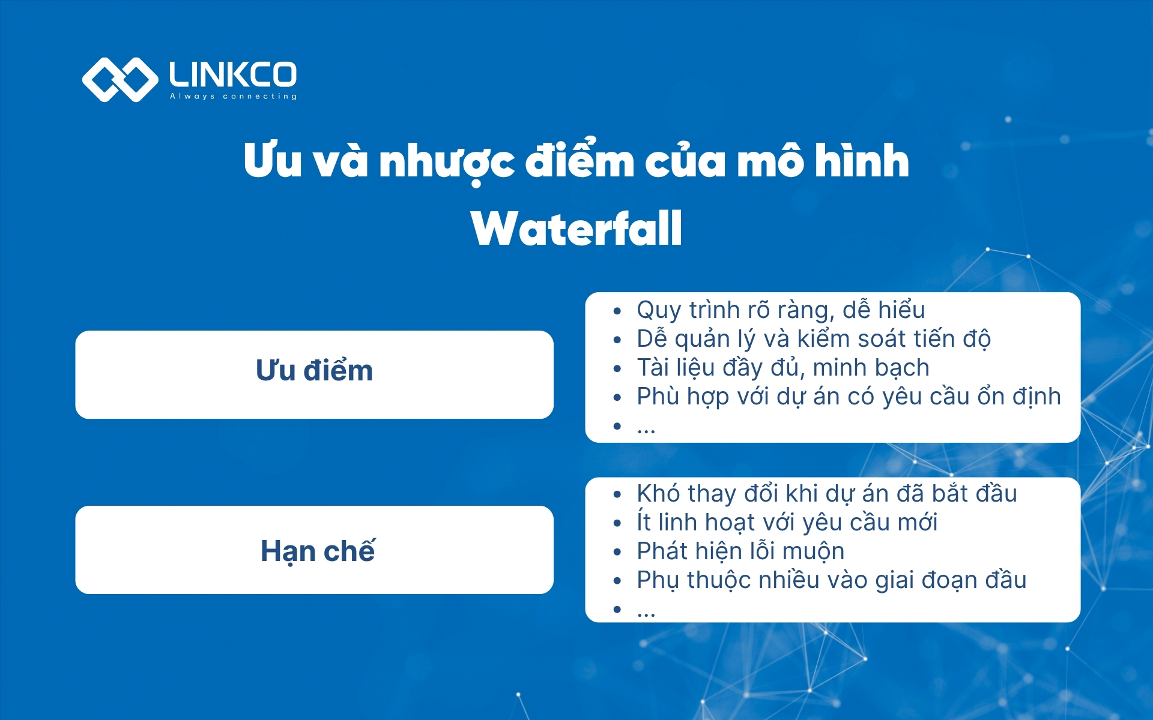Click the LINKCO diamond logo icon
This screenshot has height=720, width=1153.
(120, 79)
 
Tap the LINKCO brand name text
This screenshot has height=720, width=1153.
(233, 74)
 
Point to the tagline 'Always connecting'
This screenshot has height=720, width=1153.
(233, 96)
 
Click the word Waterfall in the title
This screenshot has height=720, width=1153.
(576, 229)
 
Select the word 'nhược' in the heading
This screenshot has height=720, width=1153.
(446, 162)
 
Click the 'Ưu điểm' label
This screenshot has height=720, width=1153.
(314, 370)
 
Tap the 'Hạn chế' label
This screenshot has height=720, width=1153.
(317, 551)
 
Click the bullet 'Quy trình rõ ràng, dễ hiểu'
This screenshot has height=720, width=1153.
(780, 310)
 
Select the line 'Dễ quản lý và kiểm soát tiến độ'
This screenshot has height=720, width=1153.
(813, 339)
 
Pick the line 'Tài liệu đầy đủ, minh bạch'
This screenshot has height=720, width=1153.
(782, 368)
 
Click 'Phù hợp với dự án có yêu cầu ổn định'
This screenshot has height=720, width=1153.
(848, 397)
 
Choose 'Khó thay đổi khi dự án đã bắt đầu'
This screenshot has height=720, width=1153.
(826, 494)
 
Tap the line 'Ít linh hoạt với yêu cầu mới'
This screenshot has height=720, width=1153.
(787, 523)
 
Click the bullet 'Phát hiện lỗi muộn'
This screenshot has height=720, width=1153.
(740, 551)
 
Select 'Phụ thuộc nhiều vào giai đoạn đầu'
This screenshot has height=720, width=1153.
(831, 580)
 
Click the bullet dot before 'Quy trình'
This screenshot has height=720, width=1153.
(617, 311)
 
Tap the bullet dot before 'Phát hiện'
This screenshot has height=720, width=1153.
(617, 552)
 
